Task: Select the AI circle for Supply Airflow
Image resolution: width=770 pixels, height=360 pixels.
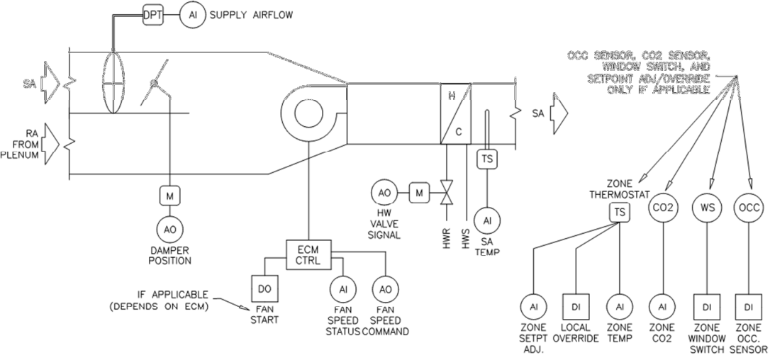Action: pyautogui.click(x=191, y=15)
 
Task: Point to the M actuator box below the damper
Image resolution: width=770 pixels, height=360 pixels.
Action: pyautogui.click(x=170, y=194)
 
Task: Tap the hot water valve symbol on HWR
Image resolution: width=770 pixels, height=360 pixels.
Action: pyautogui.click(x=445, y=192)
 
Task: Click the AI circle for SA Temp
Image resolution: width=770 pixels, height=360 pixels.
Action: pyautogui.click(x=487, y=221)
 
